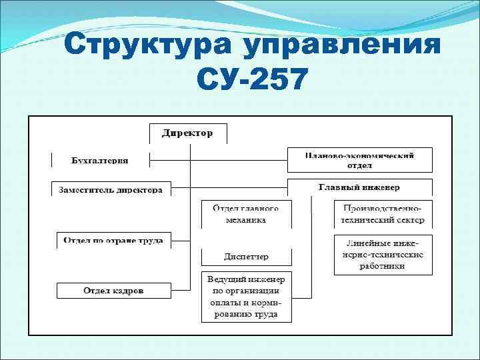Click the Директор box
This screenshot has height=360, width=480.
188,133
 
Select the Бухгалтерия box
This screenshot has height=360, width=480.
100,160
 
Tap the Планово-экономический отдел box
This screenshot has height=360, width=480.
359,160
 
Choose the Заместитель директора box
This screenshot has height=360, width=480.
111,189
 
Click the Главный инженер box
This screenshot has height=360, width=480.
359,187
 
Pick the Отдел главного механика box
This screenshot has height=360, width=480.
246,214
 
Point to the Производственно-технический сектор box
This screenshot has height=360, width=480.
382,214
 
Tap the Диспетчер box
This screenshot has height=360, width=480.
246,256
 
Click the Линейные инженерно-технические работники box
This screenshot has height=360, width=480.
382,254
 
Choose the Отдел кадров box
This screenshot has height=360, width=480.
113,291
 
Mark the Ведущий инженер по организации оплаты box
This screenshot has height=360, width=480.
246,296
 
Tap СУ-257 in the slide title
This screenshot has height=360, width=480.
253,80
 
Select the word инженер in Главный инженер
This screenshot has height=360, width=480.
383,188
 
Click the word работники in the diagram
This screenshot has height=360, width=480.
382,266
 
